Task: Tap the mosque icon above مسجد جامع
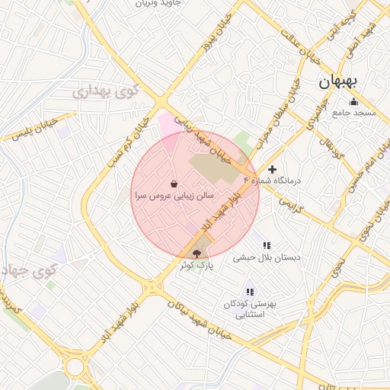tap(353, 102)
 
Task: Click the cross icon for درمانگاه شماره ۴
tap(273, 169)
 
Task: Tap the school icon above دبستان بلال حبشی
tap(267, 245)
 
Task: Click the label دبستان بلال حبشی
tap(267, 257)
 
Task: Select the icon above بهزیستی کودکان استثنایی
tap(249, 292)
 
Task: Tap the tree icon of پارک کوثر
tap(197, 253)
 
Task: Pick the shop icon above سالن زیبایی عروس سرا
tap(175, 184)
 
